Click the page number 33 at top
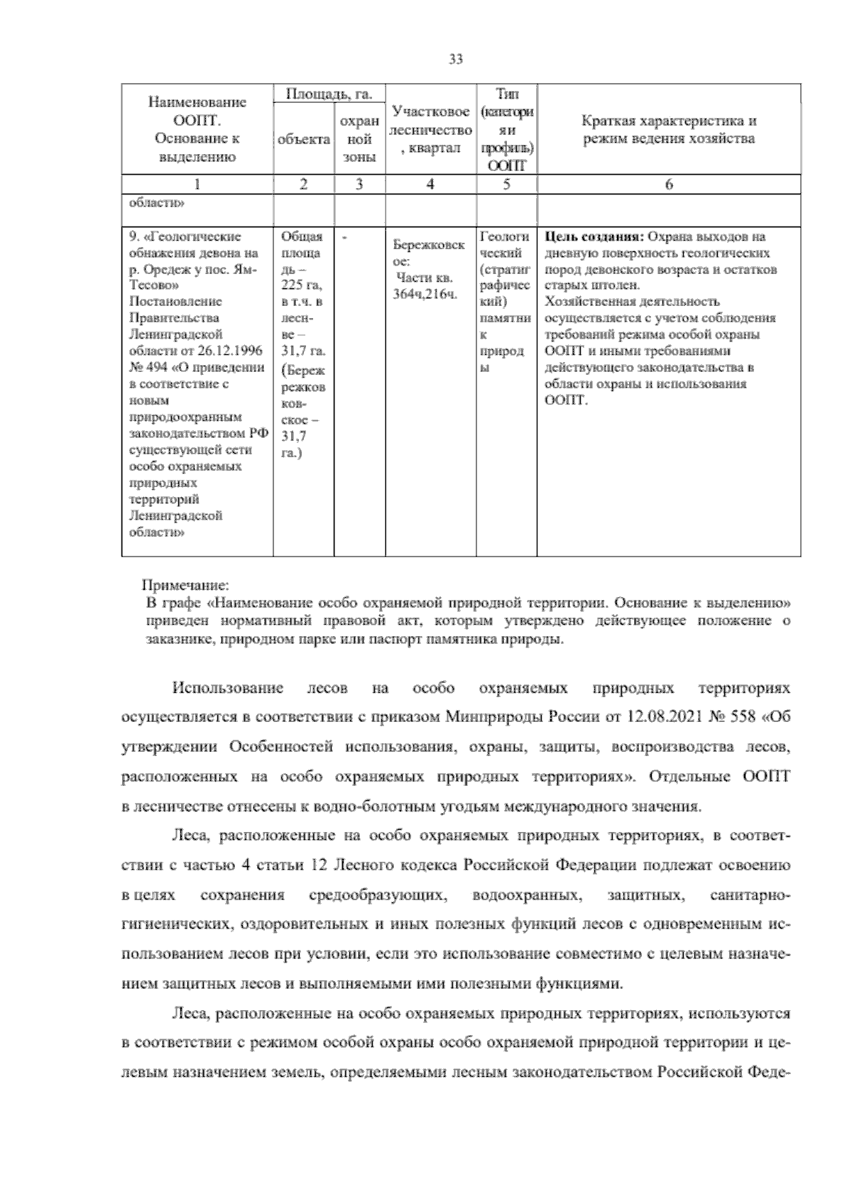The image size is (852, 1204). click(x=456, y=60)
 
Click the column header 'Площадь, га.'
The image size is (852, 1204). click(x=329, y=94)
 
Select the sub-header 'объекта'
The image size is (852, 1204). click(x=304, y=140)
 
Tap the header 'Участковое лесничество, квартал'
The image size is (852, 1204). click(x=430, y=130)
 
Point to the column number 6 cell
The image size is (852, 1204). click(x=669, y=185)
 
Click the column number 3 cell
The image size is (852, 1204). click(x=359, y=185)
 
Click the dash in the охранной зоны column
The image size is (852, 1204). click(x=344, y=237)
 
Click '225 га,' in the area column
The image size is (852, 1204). click(x=301, y=285)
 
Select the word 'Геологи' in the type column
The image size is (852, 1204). click(x=505, y=237)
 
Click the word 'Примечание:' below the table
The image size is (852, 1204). click(x=185, y=586)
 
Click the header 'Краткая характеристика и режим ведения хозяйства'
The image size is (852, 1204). click(x=669, y=130)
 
